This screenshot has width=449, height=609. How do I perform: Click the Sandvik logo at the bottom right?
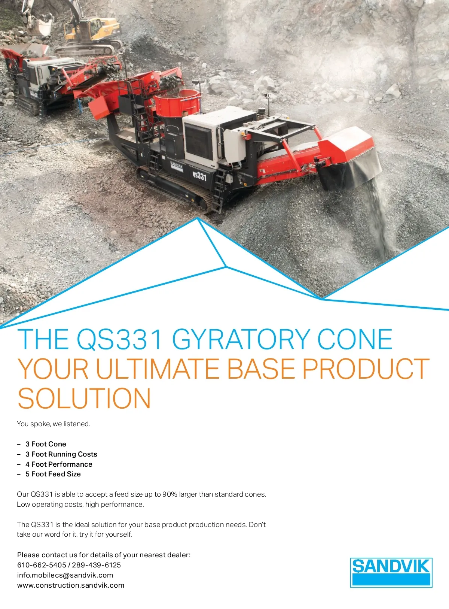click(391, 572)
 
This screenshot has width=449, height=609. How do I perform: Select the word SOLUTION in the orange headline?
click(84, 398)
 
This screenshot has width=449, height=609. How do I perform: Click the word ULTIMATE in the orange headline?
click(158, 369)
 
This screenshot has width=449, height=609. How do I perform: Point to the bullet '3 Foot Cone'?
click(46, 444)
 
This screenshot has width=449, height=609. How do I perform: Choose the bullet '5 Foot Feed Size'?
click(53, 474)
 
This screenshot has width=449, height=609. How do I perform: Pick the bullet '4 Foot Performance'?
click(59, 464)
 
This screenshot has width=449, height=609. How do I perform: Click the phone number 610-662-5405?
click(42, 565)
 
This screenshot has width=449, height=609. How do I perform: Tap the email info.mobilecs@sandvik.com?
click(65, 575)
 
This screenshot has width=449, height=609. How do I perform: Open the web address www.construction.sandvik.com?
click(71, 585)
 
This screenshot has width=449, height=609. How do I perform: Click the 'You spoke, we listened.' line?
click(54, 424)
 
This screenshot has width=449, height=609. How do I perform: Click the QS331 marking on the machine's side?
click(199, 176)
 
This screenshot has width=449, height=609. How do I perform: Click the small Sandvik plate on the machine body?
click(177, 166)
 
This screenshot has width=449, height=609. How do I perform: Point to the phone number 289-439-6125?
click(96, 565)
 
